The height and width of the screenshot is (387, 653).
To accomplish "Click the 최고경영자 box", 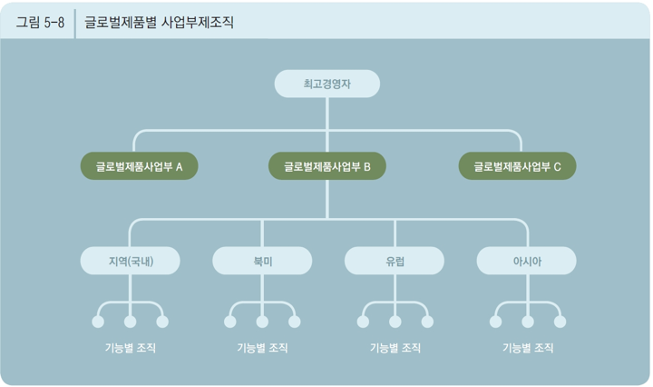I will click(326, 84).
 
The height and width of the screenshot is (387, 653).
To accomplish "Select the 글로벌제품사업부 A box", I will click(140, 166).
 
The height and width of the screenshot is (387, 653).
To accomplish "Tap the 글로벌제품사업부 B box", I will click(327, 166).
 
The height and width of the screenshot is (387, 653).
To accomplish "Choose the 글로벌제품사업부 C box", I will click(517, 166).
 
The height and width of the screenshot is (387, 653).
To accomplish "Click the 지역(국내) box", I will click(130, 261).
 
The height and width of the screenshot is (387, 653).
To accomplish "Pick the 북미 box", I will click(262, 261).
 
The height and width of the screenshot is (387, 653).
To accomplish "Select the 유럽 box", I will click(395, 261).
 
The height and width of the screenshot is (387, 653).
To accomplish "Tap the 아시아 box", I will click(527, 261).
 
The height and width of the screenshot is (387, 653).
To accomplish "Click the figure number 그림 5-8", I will click(40, 22).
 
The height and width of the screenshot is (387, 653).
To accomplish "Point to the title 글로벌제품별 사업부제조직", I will click(159, 22).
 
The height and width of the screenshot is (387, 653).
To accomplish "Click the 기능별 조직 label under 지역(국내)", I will click(130, 348).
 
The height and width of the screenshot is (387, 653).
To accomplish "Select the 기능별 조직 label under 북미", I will click(262, 348).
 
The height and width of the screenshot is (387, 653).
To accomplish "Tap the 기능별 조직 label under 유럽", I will click(395, 348).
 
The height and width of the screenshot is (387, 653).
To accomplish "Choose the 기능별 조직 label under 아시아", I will click(527, 348).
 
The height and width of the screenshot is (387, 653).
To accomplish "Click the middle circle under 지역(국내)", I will click(130, 322).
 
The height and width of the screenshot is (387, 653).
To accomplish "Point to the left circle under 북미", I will click(229, 322).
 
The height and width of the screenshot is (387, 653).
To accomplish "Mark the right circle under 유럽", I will click(427, 322).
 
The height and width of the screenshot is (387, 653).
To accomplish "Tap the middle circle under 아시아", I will click(527, 322).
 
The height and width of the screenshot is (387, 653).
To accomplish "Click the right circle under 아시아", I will click(560, 322).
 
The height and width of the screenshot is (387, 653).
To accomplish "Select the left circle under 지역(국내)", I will click(97, 322).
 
